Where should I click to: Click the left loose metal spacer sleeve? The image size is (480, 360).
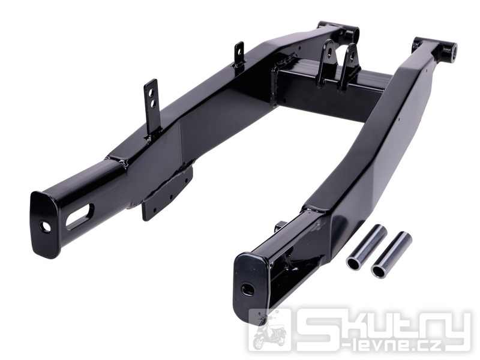pos(367,248)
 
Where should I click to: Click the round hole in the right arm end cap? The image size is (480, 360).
pos(247,287)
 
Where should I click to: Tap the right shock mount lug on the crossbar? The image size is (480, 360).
pos(349,66)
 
